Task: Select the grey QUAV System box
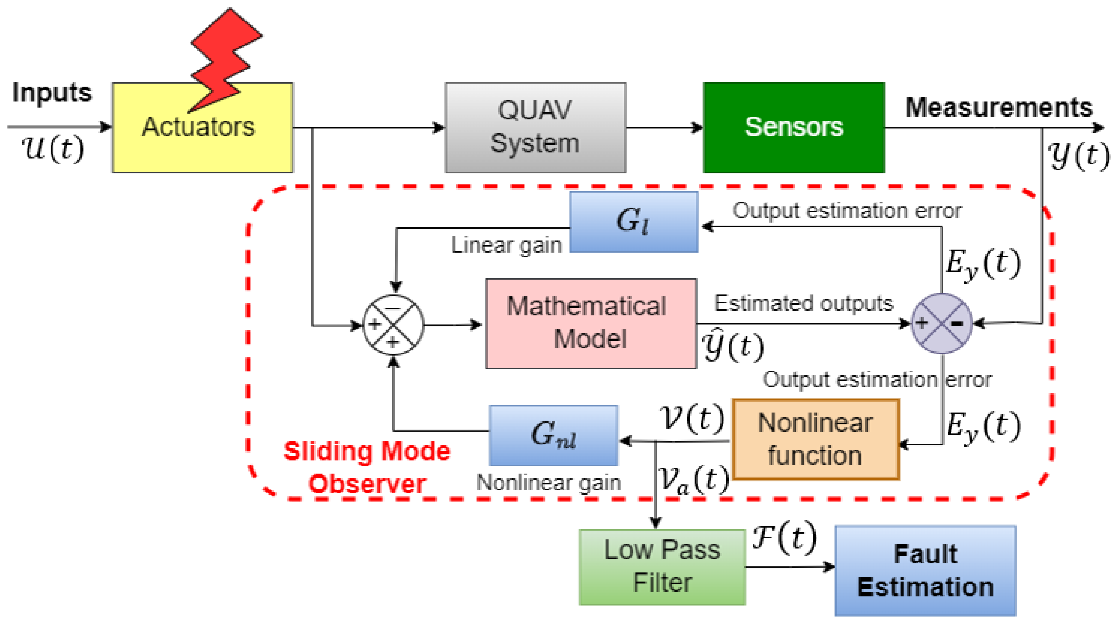pos(535,127)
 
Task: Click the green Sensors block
pos(794,127)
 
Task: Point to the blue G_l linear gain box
pos(633,222)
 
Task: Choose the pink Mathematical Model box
pos(591,323)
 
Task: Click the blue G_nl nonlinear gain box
pos(553,436)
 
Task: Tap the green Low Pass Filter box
pos(662,567)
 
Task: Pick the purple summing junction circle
pos(941,323)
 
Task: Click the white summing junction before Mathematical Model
pos(393,325)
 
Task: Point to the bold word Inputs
pos(52,93)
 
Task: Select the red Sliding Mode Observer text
pos(367,467)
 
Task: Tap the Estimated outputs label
pos(804,303)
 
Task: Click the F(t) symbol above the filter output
pos(784,538)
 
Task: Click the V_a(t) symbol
pos(694,480)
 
